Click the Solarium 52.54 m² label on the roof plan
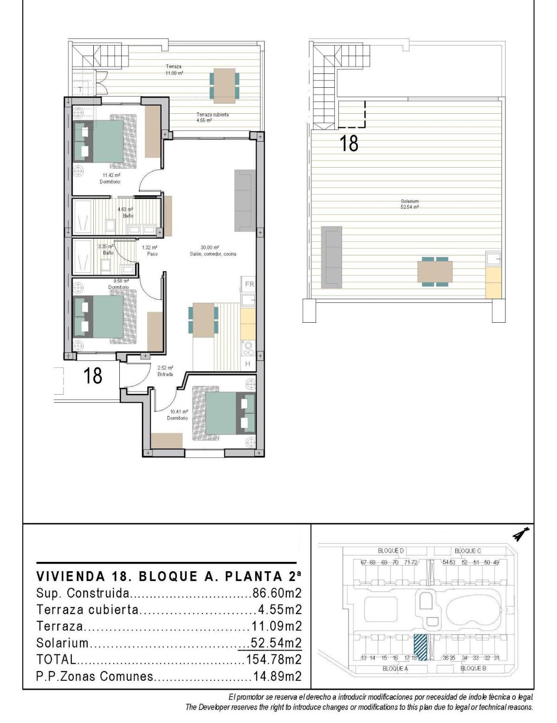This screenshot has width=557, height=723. (409, 204)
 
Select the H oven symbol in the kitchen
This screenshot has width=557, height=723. (247, 364)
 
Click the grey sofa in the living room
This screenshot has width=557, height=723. (245, 201)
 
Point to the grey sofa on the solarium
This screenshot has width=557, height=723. (331, 256)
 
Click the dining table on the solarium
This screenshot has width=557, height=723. (435, 272)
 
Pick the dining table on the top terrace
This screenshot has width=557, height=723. (225, 85)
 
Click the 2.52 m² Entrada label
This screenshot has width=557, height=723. (165, 371)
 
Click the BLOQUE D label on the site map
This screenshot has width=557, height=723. (391, 551)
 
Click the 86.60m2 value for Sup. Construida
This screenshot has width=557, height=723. (277, 593)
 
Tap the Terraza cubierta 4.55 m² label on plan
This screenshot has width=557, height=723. (212, 117)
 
